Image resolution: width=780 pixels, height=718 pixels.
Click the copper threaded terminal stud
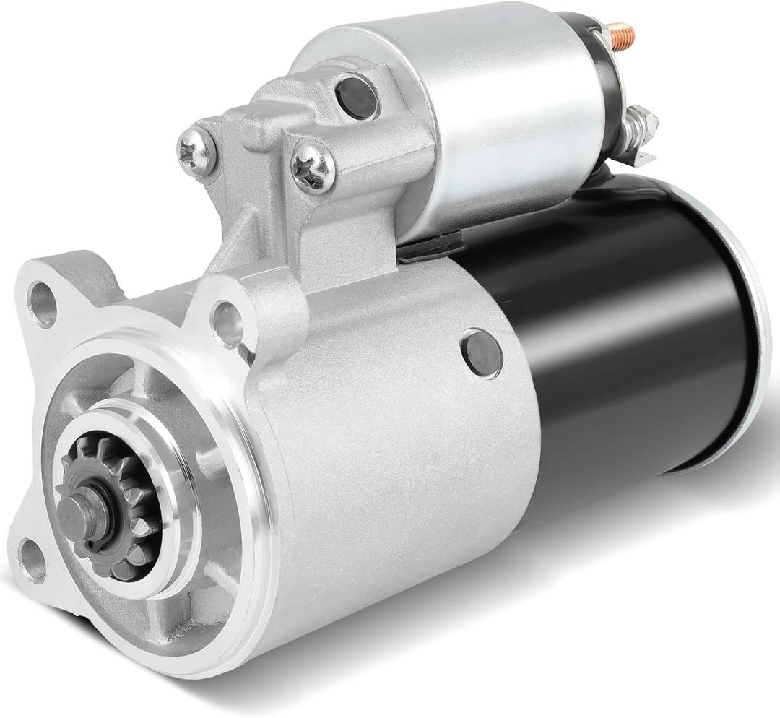(x=619, y=32)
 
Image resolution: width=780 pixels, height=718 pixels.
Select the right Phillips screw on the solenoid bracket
(x=313, y=168)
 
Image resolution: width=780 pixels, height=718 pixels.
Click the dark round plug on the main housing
(x=482, y=353)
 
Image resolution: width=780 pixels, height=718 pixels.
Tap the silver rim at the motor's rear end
(x=751, y=325)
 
